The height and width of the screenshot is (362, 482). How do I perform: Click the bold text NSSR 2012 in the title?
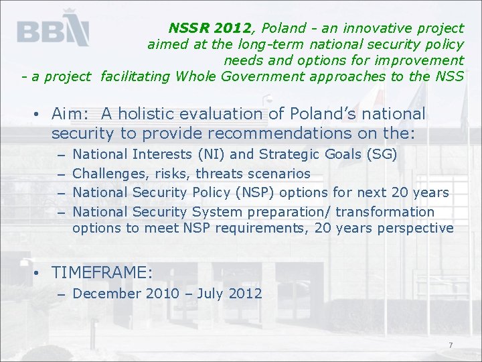point(210,28)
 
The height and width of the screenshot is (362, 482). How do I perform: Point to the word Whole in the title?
point(194,76)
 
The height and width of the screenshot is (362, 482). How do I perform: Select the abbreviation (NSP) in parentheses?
point(255,193)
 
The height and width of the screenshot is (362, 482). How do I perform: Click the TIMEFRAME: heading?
point(102,273)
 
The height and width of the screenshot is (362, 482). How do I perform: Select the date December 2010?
point(126,294)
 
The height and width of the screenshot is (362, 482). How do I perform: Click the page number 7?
point(451,345)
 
